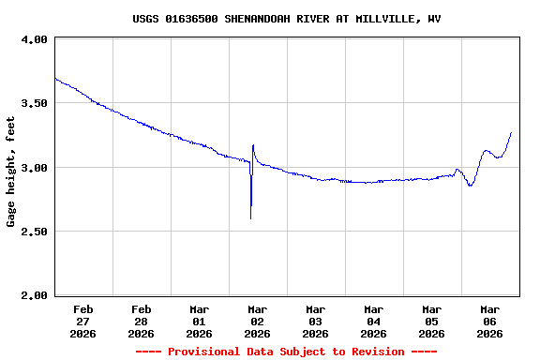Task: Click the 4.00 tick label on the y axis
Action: pyautogui.click(x=35, y=39)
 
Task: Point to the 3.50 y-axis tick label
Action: pyautogui.click(x=35, y=103)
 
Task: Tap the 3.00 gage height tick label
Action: pyautogui.click(x=35, y=168)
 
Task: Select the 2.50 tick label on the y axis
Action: pyautogui.click(x=35, y=232)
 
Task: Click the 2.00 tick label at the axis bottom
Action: pyautogui.click(x=35, y=295)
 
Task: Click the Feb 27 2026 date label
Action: pyautogui.click(x=83, y=321)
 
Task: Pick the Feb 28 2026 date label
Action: pyautogui.click(x=142, y=321)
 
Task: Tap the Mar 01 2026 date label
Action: pyautogui.click(x=200, y=321)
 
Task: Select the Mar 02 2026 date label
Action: pyautogui.click(x=258, y=321)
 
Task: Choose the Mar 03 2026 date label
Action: pyautogui.click(x=316, y=321)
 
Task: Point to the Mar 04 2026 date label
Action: pyautogui.click(x=374, y=321)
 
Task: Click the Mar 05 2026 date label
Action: pyautogui.click(x=432, y=321)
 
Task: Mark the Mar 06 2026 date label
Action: pyautogui.click(x=490, y=321)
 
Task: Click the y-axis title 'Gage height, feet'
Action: pyautogui.click(x=11, y=172)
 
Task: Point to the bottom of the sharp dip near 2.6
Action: pyautogui.click(x=251, y=218)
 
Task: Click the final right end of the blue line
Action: pyautogui.click(x=511, y=132)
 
